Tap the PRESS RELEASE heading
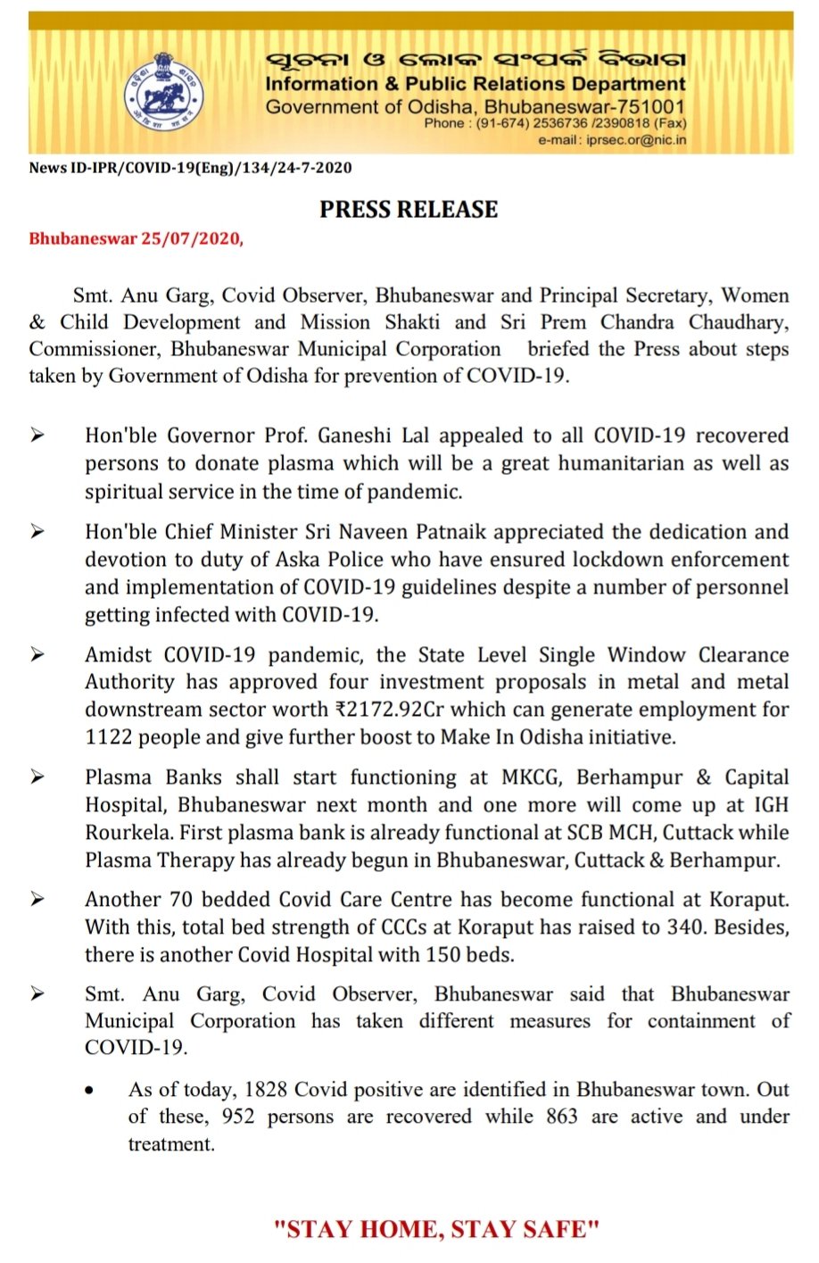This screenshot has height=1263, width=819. pos(409,209)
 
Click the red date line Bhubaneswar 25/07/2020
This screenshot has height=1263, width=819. pos(136,239)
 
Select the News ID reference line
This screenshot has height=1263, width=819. pos(190,168)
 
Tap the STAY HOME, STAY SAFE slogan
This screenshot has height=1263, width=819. pos(436,1229)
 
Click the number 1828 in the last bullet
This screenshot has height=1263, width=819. pos(265,1090)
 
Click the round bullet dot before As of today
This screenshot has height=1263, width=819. pos(90,1091)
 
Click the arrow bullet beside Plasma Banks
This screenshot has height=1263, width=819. pos(37,777)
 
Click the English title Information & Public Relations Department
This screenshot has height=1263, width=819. pos(476,85)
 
